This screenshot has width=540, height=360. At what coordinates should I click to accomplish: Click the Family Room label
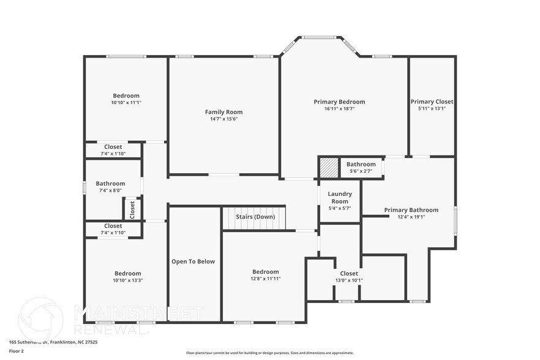(223, 112)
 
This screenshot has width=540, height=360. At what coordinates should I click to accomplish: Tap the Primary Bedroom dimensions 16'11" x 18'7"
(339, 109)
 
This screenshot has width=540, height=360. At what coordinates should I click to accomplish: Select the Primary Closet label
(432, 102)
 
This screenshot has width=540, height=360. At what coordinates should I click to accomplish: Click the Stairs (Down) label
(255, 217)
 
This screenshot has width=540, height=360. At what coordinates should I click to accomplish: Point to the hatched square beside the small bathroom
(329, 167)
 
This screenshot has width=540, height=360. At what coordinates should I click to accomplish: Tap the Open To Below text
(193, 261)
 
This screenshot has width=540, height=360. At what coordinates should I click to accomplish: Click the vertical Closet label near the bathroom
(132, 209)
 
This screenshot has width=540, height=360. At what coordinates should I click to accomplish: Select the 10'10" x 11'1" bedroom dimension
(126, 103)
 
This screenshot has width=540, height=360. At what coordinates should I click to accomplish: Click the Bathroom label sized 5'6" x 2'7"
(361, 164)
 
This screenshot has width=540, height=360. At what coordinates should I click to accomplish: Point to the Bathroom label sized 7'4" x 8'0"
(110, 184)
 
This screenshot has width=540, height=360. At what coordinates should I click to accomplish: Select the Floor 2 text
(16, 351)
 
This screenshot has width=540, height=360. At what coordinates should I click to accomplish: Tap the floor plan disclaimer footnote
(269, 353)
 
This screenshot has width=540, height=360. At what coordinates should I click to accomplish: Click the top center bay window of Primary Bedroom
(319, 37)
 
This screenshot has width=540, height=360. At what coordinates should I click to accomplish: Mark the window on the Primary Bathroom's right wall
(455, 220)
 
